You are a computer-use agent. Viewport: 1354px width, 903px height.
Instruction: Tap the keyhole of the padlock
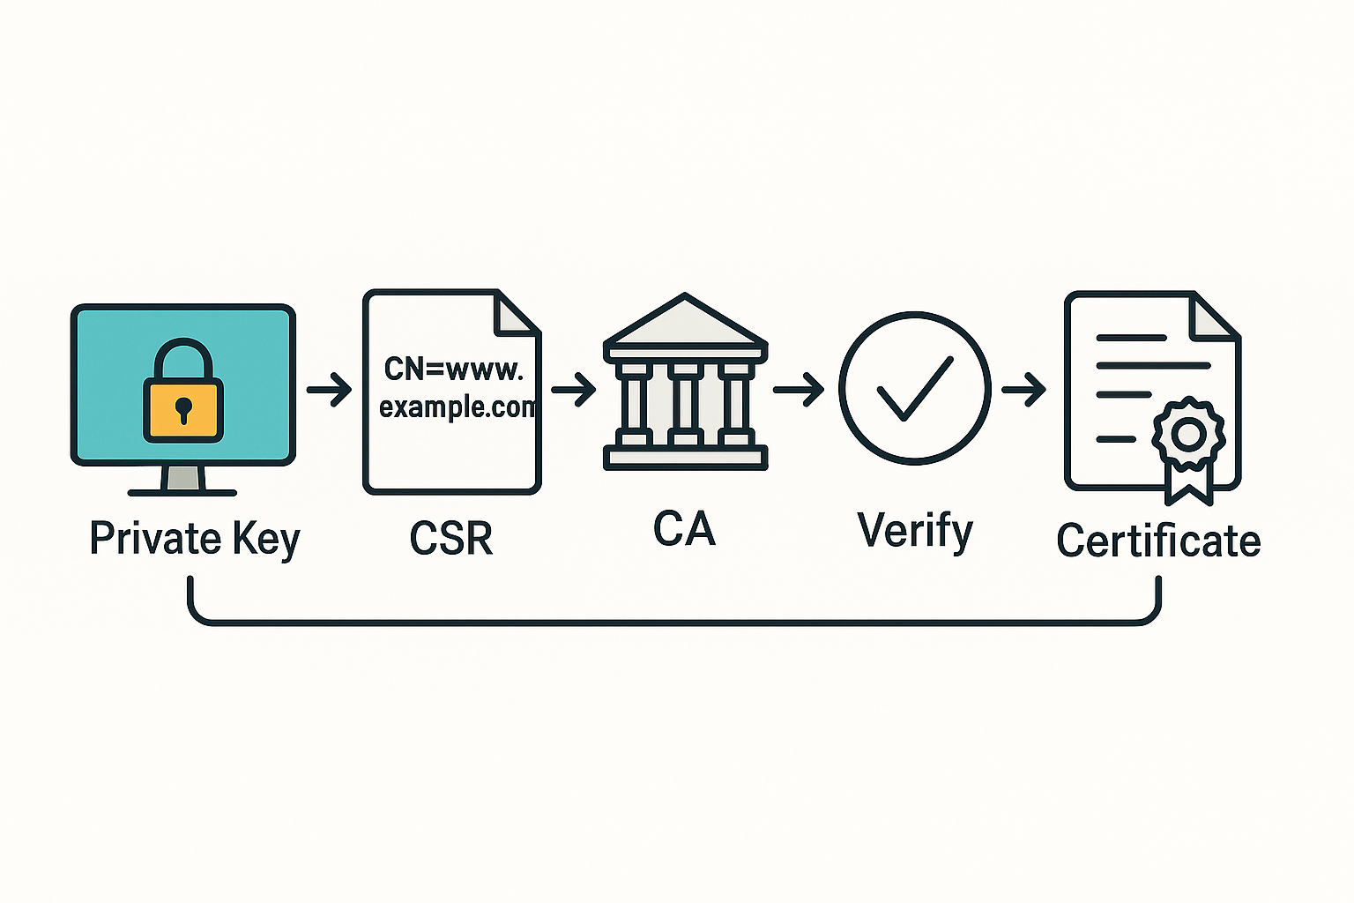coord(183,409)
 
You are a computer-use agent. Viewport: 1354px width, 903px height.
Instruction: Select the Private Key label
coord(195,538)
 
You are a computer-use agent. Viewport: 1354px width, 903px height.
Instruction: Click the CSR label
coord(451,538)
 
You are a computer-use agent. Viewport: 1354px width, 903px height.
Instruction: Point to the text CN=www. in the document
coord(453,369)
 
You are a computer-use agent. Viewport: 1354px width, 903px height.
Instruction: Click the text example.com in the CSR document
coord(458,407)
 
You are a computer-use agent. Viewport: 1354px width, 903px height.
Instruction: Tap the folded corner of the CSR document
coord(516,313)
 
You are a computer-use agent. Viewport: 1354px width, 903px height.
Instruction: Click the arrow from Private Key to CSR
coord(330,389)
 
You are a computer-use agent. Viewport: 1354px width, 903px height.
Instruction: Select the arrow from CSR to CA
coord(574,389)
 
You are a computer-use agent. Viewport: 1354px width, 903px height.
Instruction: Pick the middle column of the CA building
coord(686,401)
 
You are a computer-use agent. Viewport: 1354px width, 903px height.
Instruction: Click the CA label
coord(684,528)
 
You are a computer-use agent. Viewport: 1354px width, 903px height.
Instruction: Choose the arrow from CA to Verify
coord(799,389)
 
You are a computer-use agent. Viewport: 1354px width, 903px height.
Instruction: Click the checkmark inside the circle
coord(915,388)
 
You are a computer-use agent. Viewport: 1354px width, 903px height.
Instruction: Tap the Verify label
coord(914,531)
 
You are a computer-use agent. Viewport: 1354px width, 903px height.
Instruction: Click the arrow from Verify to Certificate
coord(1023,389)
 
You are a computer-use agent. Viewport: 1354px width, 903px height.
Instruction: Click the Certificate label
coord(1158,540)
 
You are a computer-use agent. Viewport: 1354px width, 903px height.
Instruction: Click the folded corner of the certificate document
coord(1212,316)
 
